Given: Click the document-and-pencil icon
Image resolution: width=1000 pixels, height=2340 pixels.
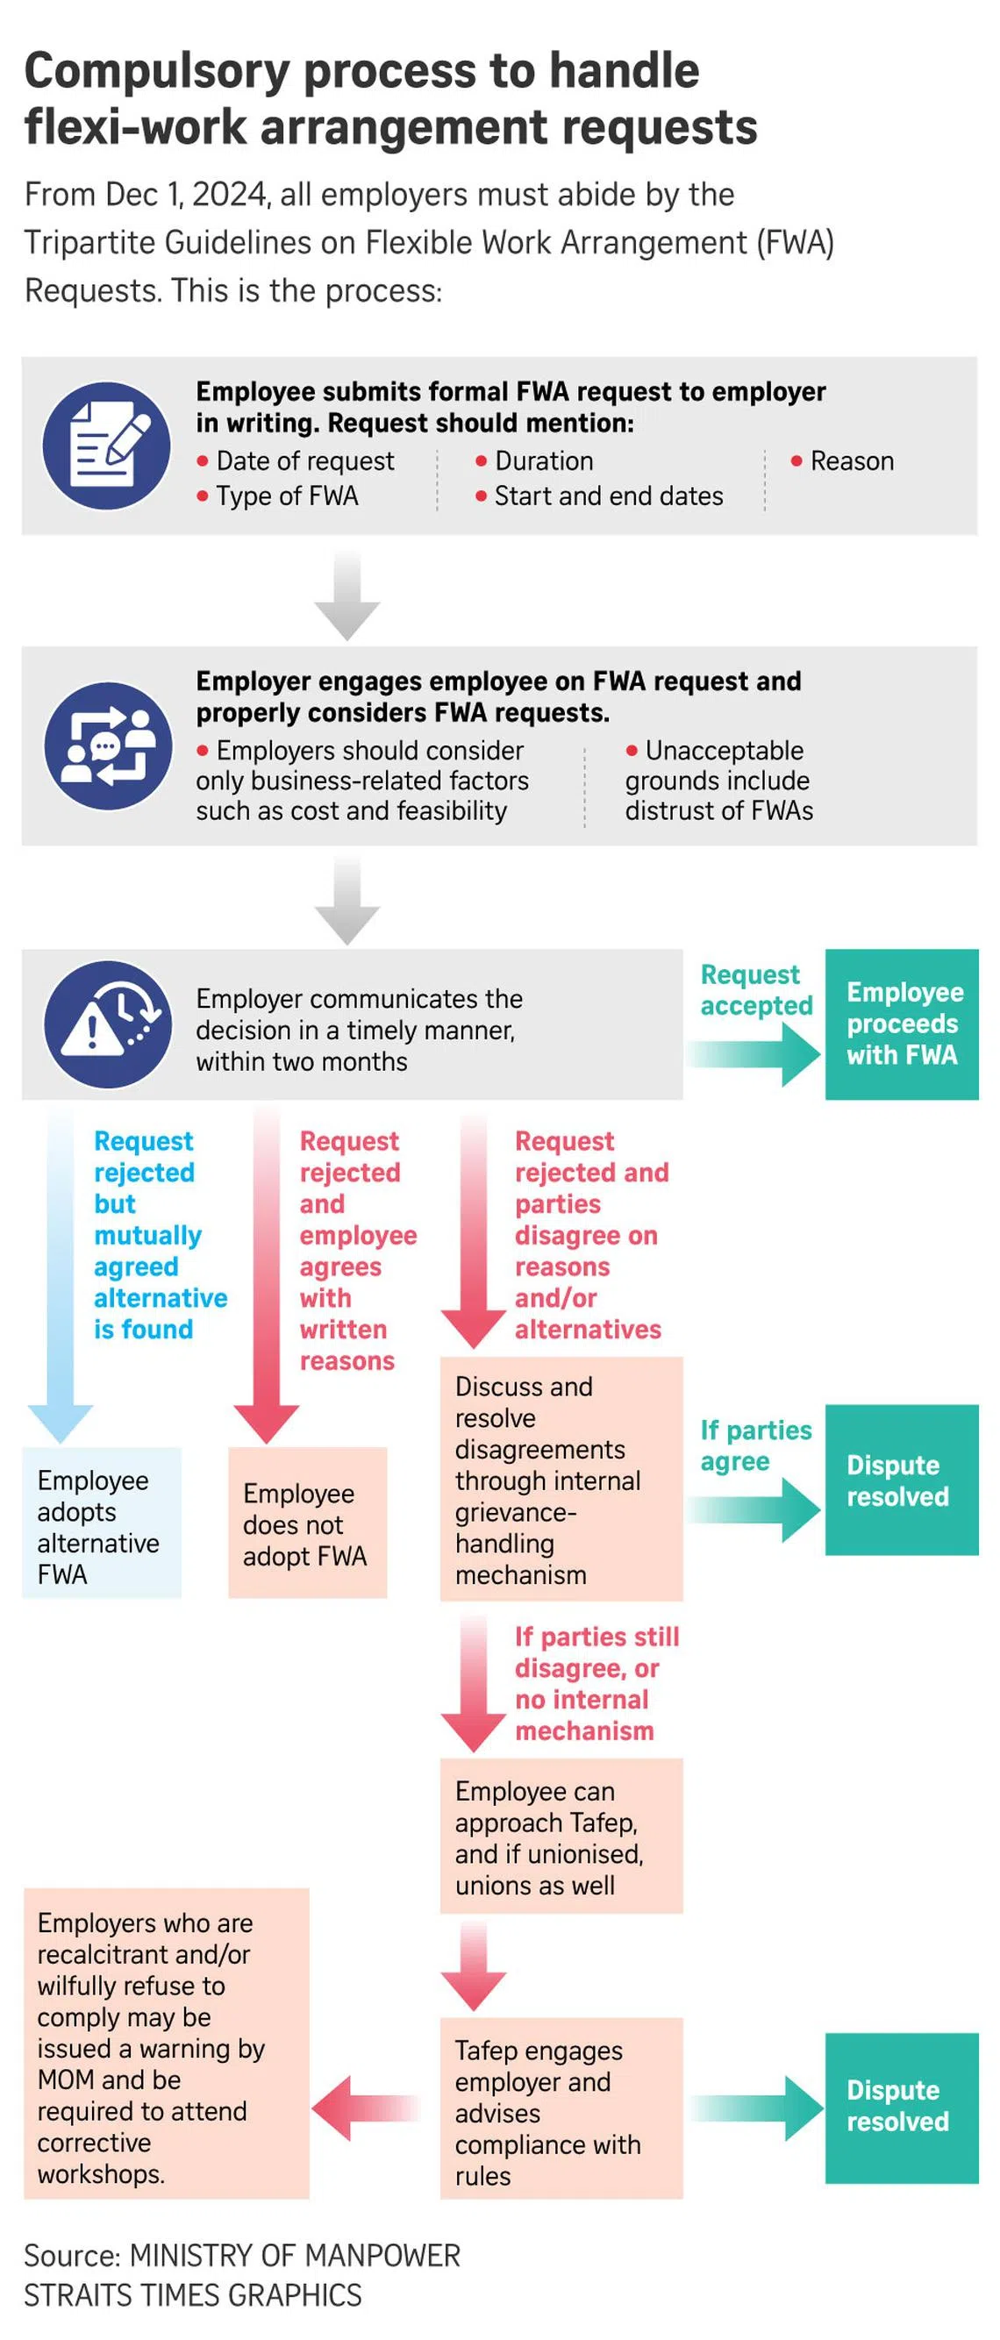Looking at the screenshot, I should pos(107,446).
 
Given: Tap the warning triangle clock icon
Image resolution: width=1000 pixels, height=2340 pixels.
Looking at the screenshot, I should pos(108,1024).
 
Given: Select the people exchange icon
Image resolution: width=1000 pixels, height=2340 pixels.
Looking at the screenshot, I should pos(108,746).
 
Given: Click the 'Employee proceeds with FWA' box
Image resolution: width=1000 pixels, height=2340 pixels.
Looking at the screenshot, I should pos(901,1024).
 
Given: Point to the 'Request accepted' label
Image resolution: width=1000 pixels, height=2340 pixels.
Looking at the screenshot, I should pos(755,990).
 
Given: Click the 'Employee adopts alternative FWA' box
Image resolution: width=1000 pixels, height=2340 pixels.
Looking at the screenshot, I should pos(101,1522).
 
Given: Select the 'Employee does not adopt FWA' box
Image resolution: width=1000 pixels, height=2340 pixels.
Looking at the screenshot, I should pos(307,1523).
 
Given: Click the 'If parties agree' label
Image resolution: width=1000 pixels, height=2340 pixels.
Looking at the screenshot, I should pos(754,1445).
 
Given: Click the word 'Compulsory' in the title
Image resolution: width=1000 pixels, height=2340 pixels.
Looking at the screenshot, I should pos(156,71).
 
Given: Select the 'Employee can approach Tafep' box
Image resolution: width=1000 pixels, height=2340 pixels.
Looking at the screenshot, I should pos(561,1837).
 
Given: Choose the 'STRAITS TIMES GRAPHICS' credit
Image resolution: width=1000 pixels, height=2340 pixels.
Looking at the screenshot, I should pos(193,2294).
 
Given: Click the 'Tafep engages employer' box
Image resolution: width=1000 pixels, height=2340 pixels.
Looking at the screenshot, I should pos(561,2111).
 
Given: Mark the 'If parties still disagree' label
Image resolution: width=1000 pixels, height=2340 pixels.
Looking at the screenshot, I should pos(596,1682).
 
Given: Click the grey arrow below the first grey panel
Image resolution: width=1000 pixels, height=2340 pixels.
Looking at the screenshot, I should pos(347,595).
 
